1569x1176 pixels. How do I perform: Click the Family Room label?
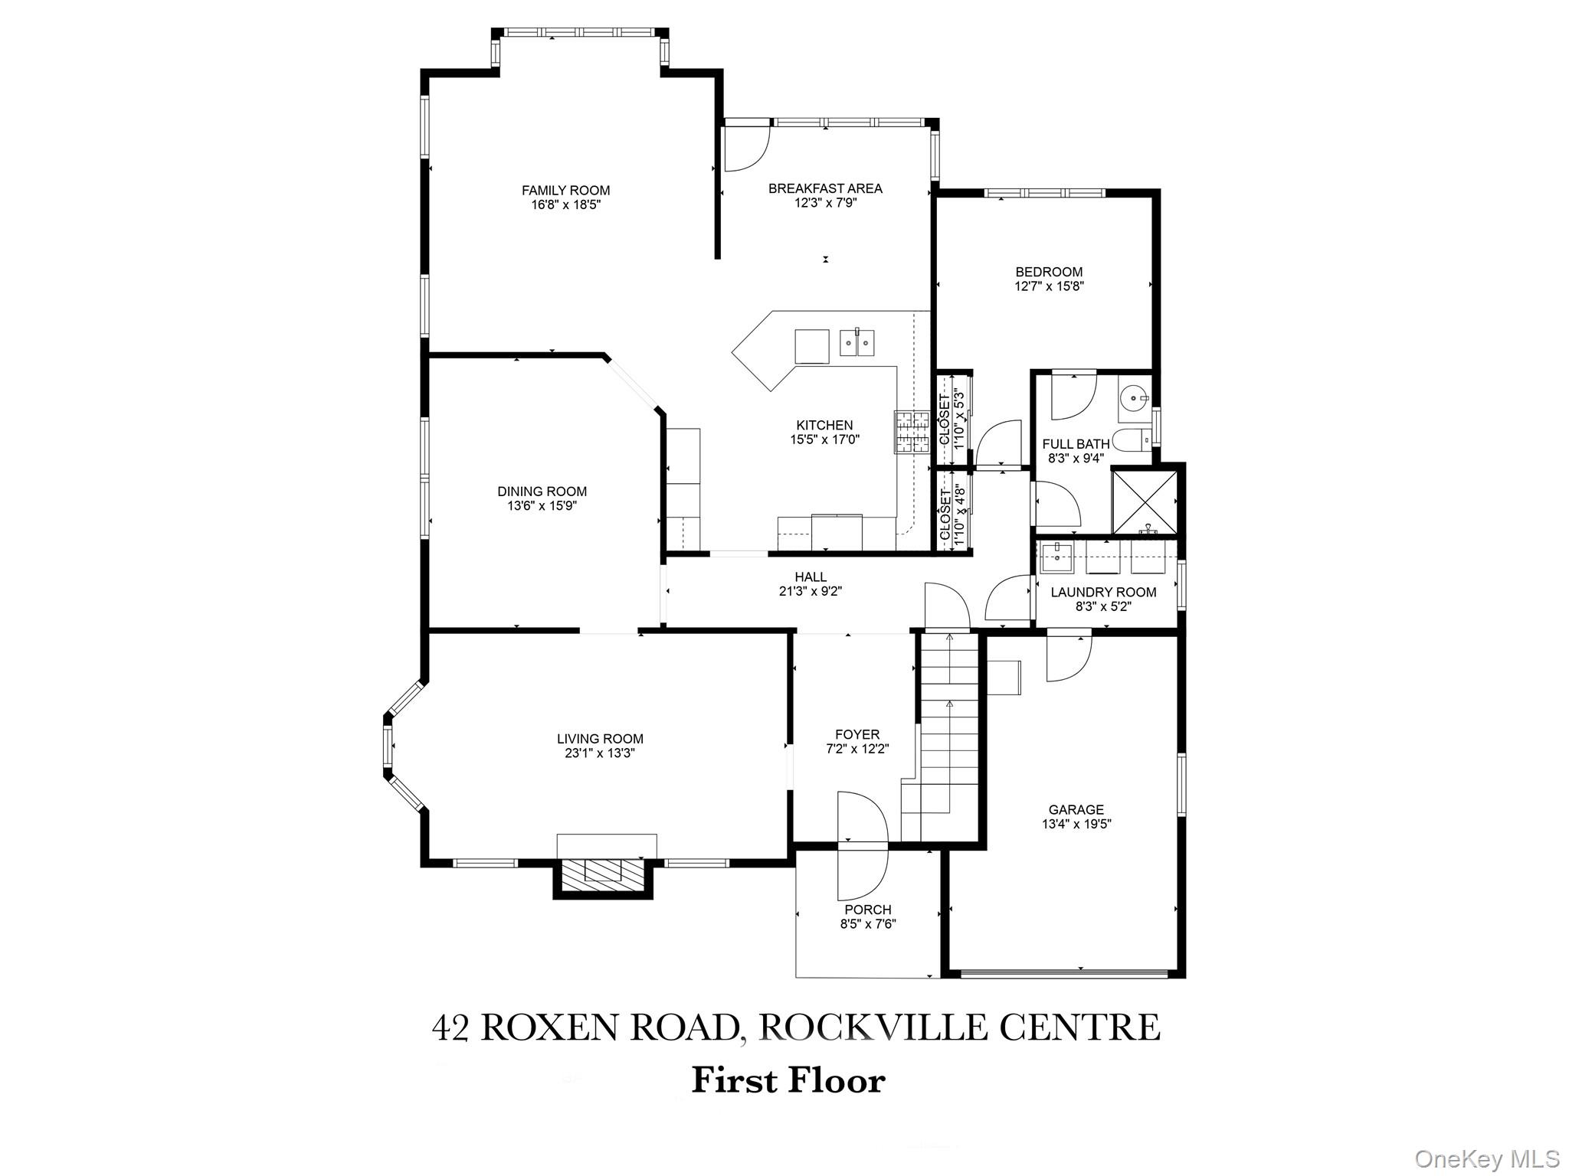pyautogui.click(x=565, y=191)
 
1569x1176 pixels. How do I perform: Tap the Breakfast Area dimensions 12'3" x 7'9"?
pyautogui.click(x=825, y=203)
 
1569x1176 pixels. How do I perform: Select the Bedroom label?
pyautogui.click(x=1049, y=272)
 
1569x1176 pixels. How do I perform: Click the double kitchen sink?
pyautogui.click(x=858, y=343)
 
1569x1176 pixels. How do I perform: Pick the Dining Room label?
pyautogui.click(x=542, y=492)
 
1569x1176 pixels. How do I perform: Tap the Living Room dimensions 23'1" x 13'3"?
pyautogui.click(x=600, y=753)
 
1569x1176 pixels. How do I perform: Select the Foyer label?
pyautogui.click(x=857, y=734)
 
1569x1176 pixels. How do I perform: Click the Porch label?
pyautogui.click(x=868, y=910)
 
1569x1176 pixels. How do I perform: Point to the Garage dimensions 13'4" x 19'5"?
pyautogui.click(x=1076, y=825)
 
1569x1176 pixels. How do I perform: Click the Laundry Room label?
pyautogui.click(x=1103, y=592)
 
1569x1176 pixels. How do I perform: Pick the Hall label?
pyautogui.click(x=811, y=577)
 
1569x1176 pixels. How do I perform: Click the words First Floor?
pyautogui.click(x=788, y=1080)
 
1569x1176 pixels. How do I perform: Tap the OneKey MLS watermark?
pyautogui.click(x=1486, y=1158)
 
